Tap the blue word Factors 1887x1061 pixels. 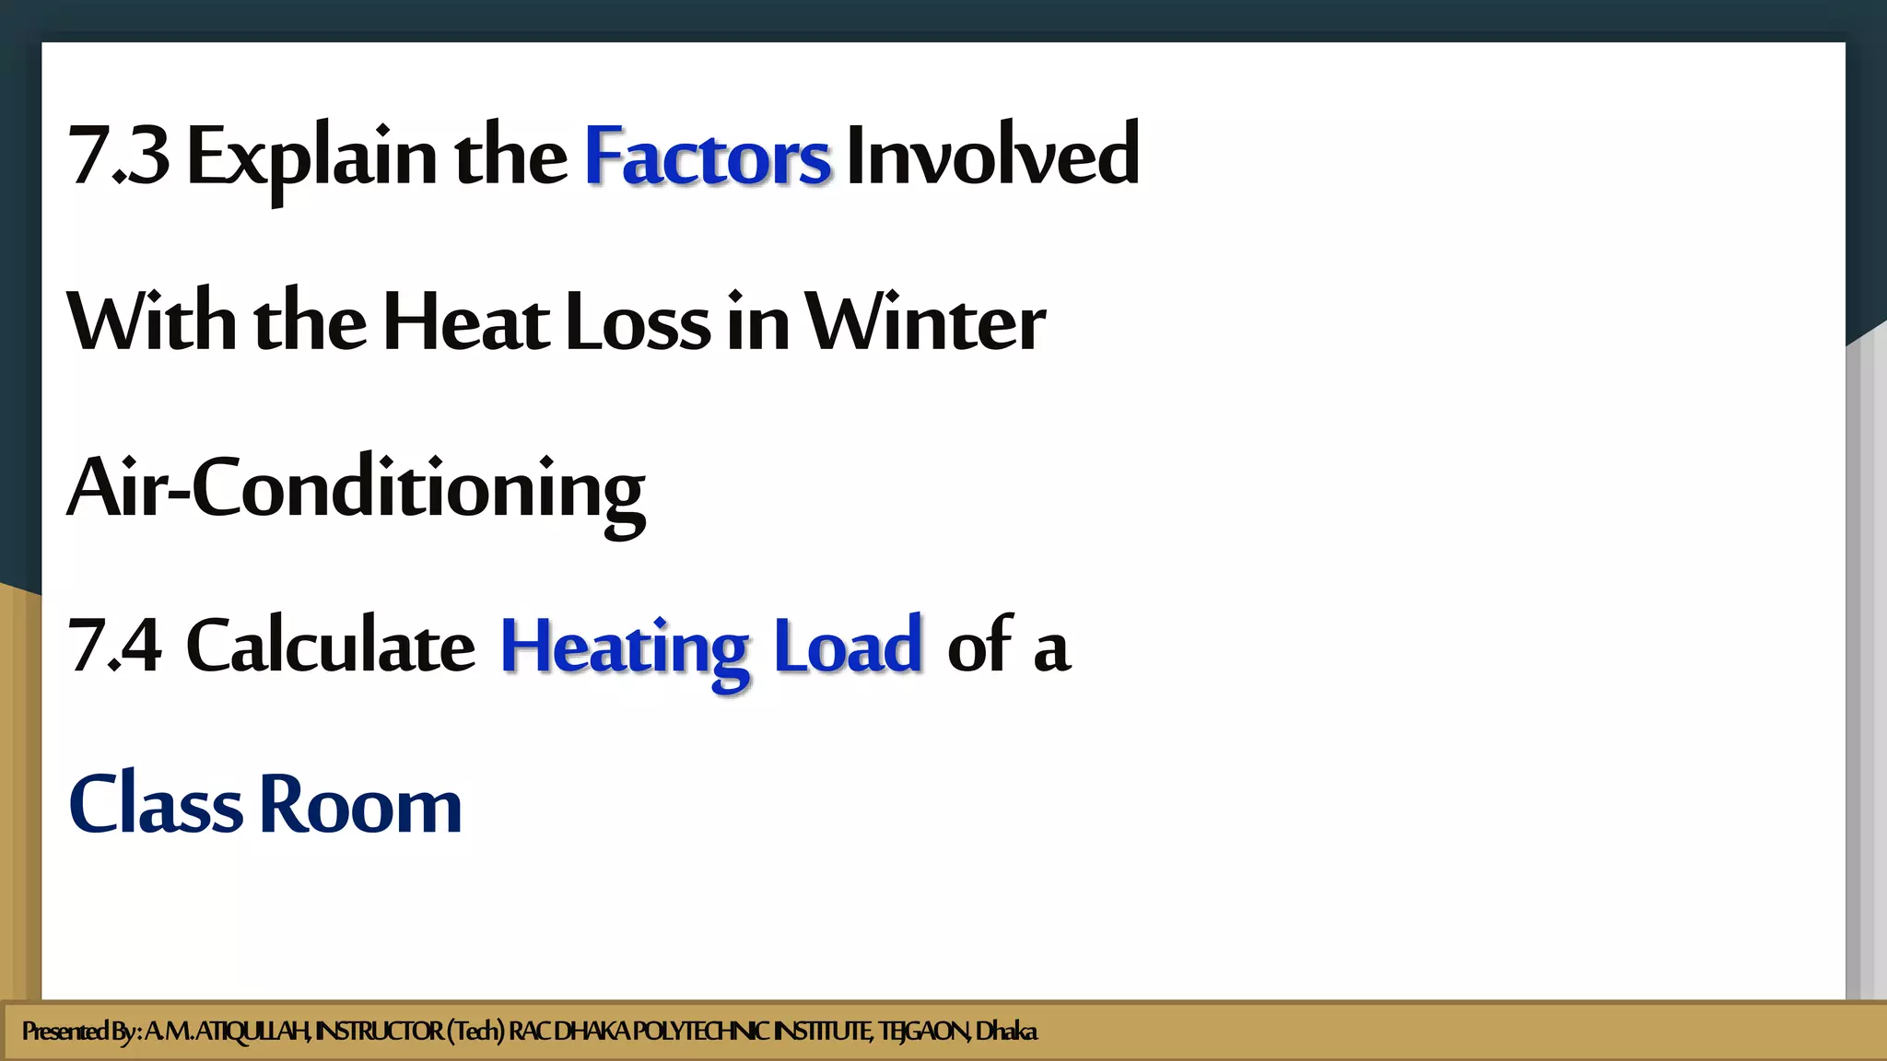coord(708,157)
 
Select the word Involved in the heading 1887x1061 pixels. coord(992,155)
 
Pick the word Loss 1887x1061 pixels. coord(638,323)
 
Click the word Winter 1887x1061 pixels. coord(926,323)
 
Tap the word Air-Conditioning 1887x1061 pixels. coord(357,489)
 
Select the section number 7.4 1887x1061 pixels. coord(115,646)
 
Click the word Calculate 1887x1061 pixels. coord(331,646)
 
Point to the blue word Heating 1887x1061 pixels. coord(624,647)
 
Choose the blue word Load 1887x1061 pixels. coord(848,646)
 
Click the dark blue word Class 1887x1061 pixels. coord(156,804)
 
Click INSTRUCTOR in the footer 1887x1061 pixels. coord(379,1032)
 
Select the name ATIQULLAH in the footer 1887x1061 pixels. coord(253,1032)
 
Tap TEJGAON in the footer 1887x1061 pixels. coord(923,1032)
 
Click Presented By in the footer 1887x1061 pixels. coord(79,1032)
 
